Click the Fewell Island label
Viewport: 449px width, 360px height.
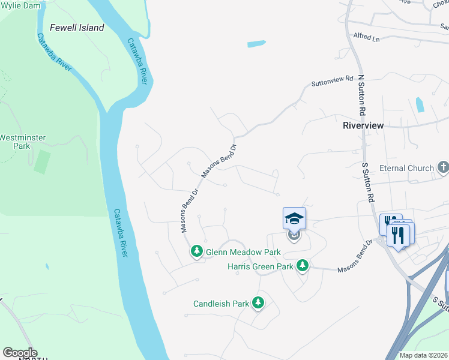coord(77,28)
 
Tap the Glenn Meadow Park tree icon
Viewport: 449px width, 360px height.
coord(196,252)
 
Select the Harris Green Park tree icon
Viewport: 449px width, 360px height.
coord(303,265)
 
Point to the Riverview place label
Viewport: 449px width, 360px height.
coord(363,126)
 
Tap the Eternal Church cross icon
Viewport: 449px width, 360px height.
coord(443,167)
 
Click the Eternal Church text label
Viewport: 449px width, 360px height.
coord(411,169)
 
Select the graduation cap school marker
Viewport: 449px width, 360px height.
coord(294,218)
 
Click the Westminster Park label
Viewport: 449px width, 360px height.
coord(22,142)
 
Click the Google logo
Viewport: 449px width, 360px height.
coord(20,353)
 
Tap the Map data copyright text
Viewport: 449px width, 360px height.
coord(424,355)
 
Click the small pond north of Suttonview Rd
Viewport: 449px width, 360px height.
coord(256,44)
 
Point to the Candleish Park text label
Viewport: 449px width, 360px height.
coord(221,304)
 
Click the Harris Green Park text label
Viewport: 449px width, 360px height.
coord(260,266)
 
